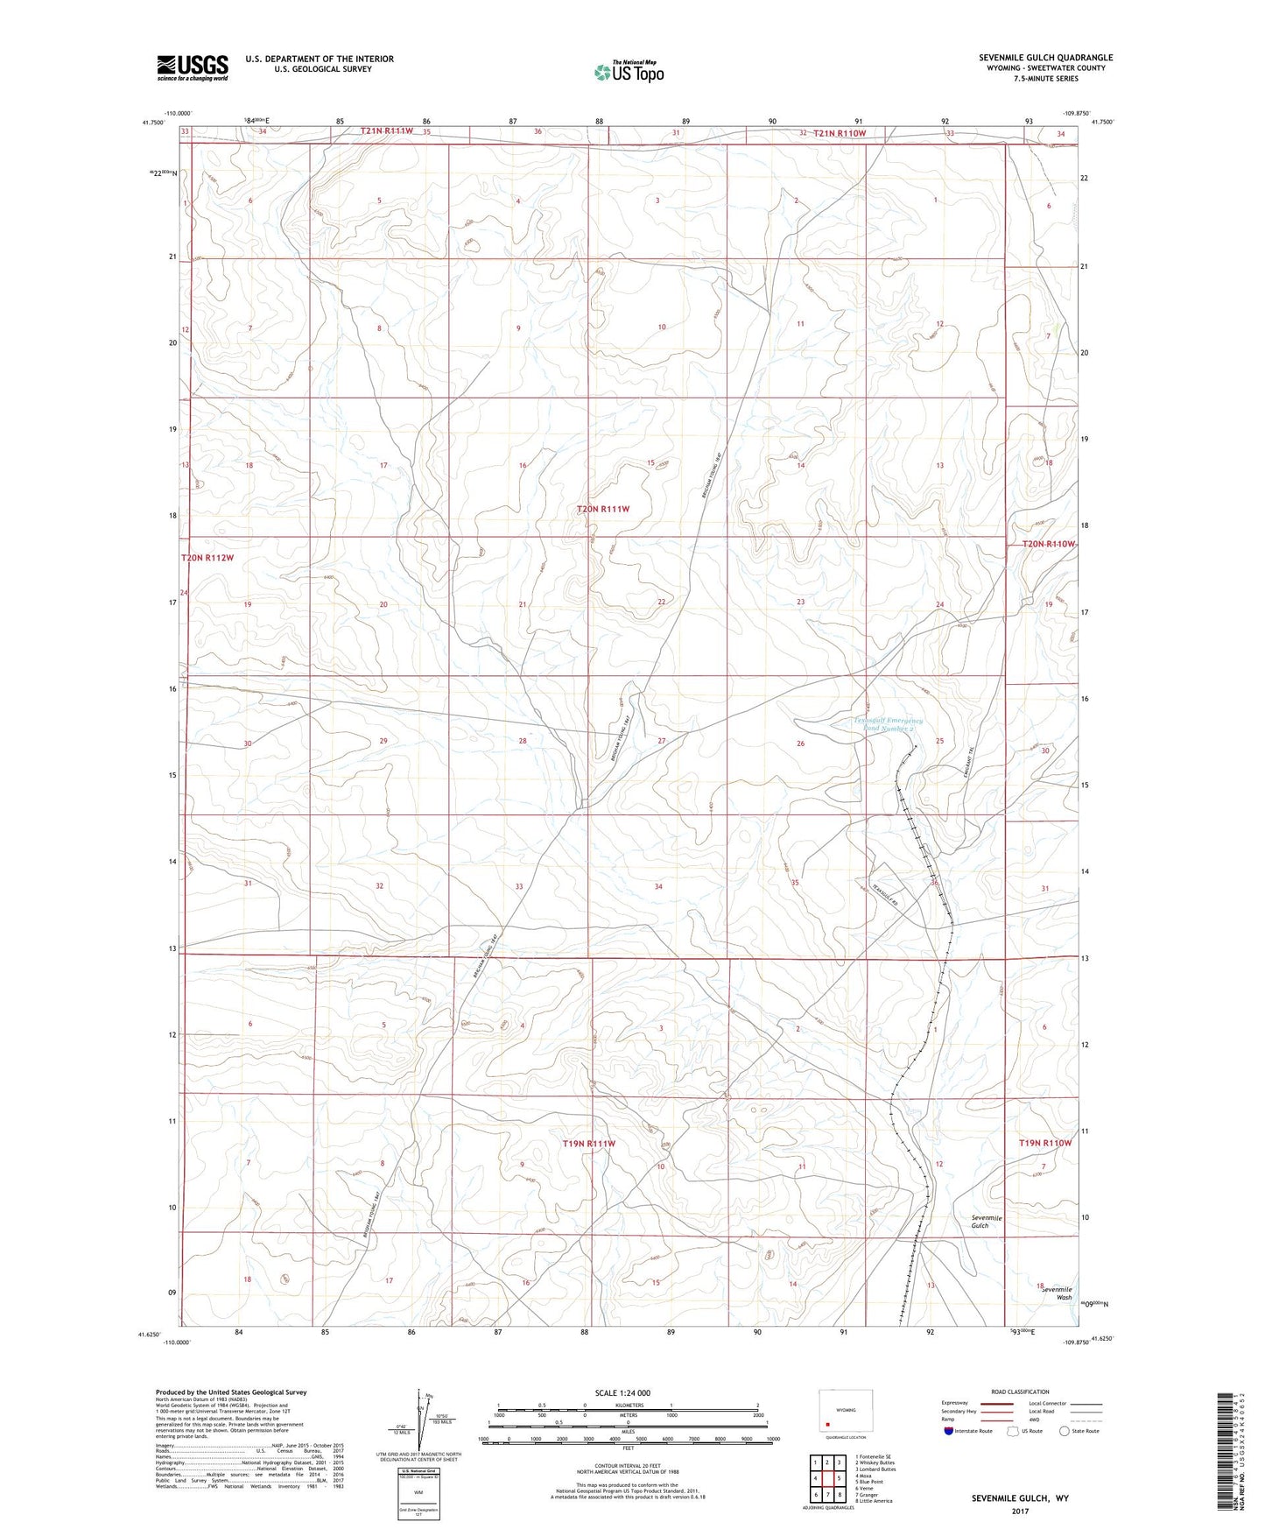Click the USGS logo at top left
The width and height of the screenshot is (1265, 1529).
[192, 67]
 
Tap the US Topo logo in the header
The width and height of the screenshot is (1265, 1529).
[628, 72]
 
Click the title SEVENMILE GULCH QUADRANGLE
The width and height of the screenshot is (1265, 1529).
[1045, 58]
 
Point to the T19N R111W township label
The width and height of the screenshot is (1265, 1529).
[588, 1144]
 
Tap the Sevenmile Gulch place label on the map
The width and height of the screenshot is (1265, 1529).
[986, 1222]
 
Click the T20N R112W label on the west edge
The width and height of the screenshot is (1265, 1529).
[207, 557]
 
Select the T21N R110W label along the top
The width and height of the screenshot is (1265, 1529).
[839, 133]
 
